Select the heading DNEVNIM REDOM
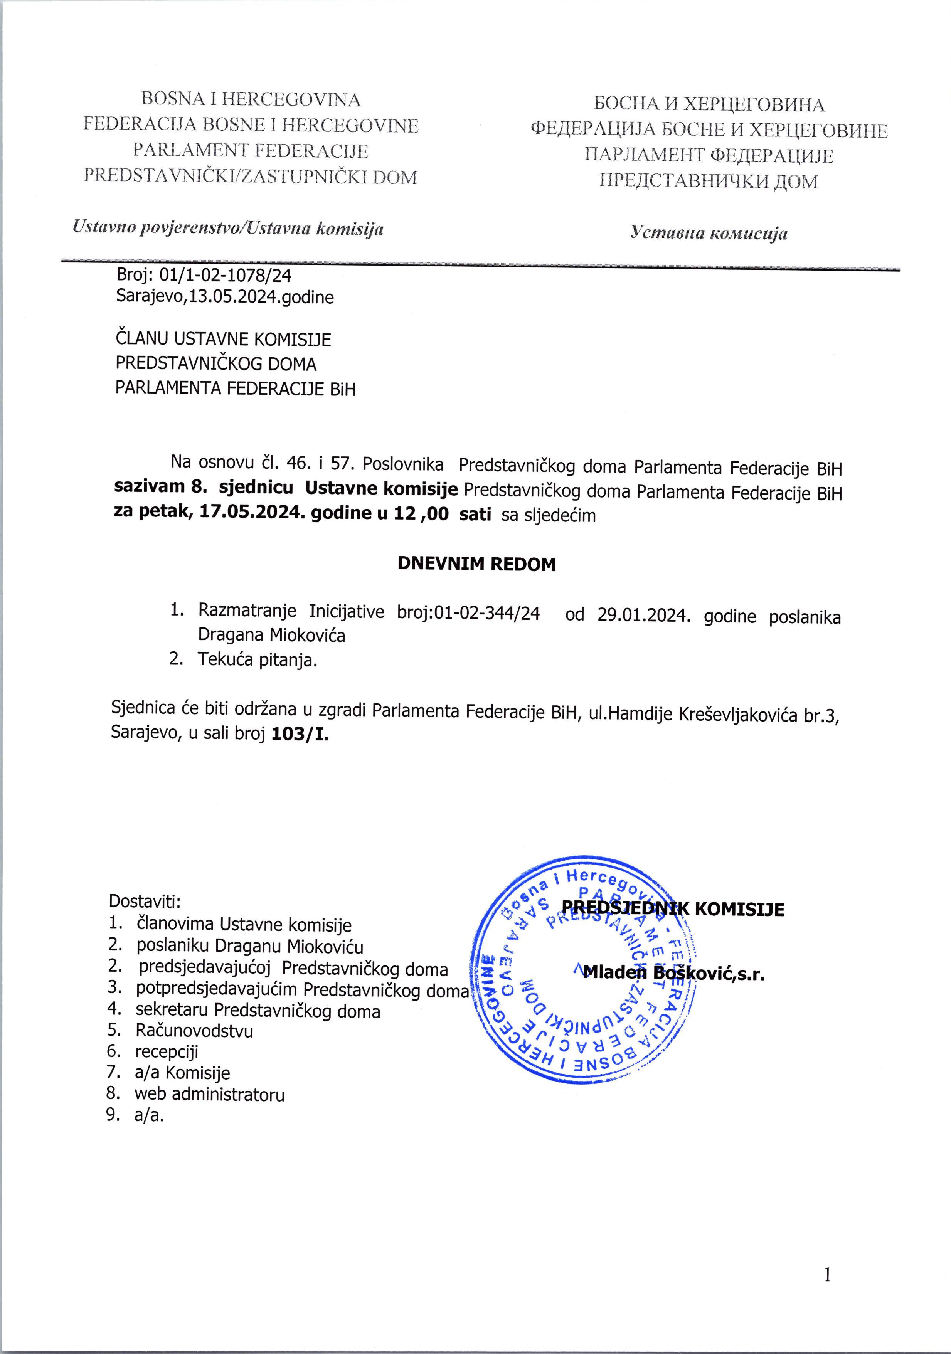tap(477, 564)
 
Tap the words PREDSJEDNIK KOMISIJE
tap(673, 925)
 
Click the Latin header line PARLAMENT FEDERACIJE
tap(251, 151)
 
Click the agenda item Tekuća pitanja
tap(258, 660)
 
